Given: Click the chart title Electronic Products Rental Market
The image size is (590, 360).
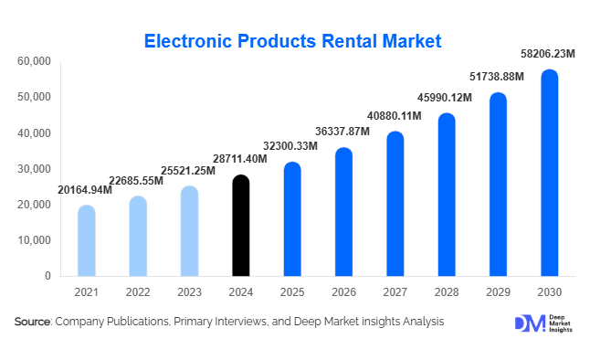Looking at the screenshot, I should point(294,40).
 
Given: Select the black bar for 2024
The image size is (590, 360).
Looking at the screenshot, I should point(240,226).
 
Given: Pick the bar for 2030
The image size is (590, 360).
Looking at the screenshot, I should point(549,173).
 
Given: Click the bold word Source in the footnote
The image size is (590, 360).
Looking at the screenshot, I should point(33,322).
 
